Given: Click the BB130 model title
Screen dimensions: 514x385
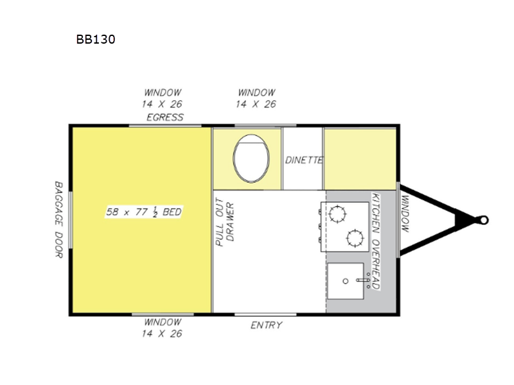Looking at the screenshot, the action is (96, 39).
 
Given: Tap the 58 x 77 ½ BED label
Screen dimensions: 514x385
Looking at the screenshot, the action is (143, 212).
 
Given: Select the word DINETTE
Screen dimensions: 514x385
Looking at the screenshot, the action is (304, 160).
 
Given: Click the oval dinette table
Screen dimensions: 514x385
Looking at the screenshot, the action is (251, 158).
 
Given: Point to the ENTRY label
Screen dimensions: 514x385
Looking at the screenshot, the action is (266, 325).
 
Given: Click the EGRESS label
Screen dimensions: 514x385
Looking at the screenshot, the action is (165, 117).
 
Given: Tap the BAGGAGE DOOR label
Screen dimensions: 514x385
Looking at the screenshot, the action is (58, 219).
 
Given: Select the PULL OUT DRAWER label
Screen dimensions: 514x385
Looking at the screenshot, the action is (225, 222).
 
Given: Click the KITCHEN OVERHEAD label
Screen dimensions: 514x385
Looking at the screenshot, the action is (376, 241).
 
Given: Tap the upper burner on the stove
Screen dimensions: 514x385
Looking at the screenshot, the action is (337, 214).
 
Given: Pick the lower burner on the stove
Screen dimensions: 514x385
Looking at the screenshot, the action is (355, 238).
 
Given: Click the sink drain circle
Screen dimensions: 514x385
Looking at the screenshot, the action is (345, 281).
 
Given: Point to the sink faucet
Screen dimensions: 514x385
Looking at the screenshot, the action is (363, 280).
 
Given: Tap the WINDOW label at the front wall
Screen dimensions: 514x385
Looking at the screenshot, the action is (405, 214).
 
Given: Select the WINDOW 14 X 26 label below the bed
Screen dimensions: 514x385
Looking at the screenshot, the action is (163, 328).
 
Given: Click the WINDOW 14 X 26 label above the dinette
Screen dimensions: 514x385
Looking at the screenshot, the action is (256, 98).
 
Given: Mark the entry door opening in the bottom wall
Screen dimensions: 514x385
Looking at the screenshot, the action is (265, 314).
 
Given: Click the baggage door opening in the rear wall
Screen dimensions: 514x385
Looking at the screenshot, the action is (71, 220).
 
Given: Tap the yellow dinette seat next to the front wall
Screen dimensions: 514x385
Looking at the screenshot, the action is (360, 158).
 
